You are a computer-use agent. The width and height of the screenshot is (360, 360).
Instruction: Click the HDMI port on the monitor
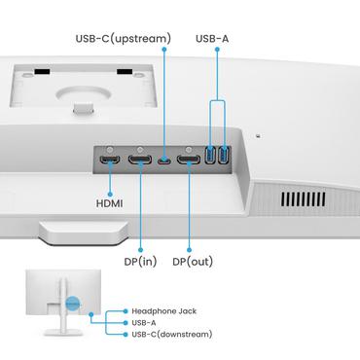pyautogui.click(x=110, y=157)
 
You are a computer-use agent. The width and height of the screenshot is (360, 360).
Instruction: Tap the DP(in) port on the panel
pyautogui.click(x=140, y=158)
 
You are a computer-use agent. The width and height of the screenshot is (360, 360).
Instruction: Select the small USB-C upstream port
pyautogui.click(x=166, y=159)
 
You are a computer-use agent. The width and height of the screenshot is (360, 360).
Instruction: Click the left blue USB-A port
pyautogui.click(x=212, y=156)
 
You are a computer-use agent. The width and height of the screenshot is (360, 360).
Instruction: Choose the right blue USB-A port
pyautogui.click(x=226, y=156)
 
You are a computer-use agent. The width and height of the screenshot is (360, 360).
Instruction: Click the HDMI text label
pyautogui.click(x=109, y=205)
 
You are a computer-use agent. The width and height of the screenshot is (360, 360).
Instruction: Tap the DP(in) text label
pyautogui.click(x=140, y=262)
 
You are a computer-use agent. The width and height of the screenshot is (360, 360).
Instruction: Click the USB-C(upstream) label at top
pyautogui.click(x=123, y=39)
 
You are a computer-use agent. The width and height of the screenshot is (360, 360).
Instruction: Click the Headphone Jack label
pyautogui.click(x=164, y=310)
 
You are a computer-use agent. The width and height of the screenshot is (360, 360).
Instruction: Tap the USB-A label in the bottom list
pyautogui.click(x=147, y=322)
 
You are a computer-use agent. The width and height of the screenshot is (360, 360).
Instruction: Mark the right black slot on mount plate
pyautogui.click(x=125, y=71)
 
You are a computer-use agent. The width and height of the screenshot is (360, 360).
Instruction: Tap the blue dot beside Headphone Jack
pyautogui.click(x=126, y=310)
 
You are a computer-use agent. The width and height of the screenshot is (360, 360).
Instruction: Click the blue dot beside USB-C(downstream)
pyautogui.click(x=126, y=334)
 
